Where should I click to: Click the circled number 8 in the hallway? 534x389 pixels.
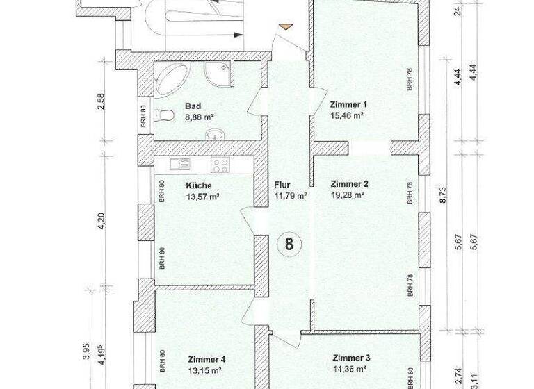(x=289, y=244)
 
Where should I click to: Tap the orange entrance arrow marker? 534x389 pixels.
(x=284, y=27)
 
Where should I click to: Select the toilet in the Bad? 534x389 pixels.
(x=164, y=115)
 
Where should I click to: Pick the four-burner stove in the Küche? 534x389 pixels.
(x=221, y=165)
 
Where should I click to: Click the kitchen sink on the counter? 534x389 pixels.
(x=179, y=165)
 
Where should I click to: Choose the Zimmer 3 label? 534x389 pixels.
(x=350, y=358)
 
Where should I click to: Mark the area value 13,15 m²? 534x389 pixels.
(x=204, y=371)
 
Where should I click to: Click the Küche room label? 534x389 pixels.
(x=199, y=185)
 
